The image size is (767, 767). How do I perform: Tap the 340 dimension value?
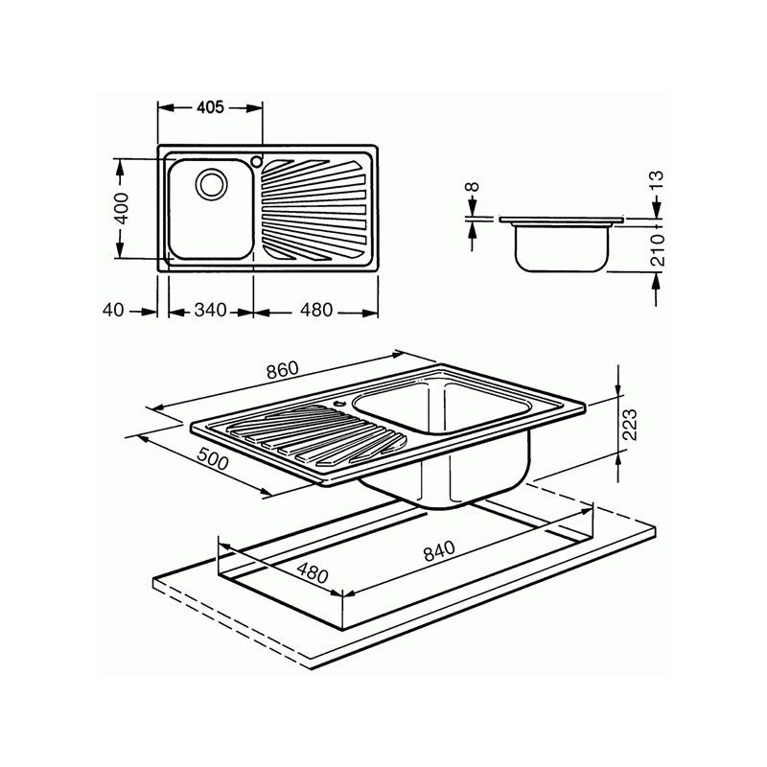click(x=210, y=311)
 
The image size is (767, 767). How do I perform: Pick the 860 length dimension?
click(x=282, y=370)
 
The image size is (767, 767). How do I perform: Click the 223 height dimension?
click(x=629, y=423)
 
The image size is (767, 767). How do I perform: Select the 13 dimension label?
click(x=657, y=179)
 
